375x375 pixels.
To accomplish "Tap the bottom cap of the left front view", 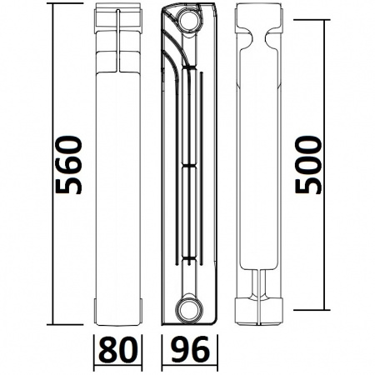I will [x=120, y=312].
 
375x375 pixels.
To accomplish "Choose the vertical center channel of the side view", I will [x=194, y=167].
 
